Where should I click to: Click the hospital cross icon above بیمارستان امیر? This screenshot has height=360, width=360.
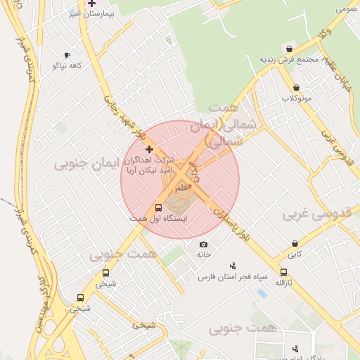[x=91, y=4]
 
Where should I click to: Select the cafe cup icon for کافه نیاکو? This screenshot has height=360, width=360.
[x=67, y=55]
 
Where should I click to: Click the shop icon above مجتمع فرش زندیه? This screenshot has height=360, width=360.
[x=290, y=49]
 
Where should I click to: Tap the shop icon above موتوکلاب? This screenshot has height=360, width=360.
[x=296, y=88]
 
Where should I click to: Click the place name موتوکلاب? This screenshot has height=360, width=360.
[x=296, y=98]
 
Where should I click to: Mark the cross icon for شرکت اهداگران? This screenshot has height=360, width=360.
[x=148, y=149]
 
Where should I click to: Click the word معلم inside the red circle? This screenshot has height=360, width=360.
[x=181, y=188]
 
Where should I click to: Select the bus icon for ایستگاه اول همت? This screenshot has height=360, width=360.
[x=157, y=208]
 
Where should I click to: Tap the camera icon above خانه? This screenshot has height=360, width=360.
[x=204, y=244]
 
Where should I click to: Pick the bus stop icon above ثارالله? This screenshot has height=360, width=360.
[x=283, y=272]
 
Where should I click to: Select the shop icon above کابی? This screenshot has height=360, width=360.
[x=295, y=244]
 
